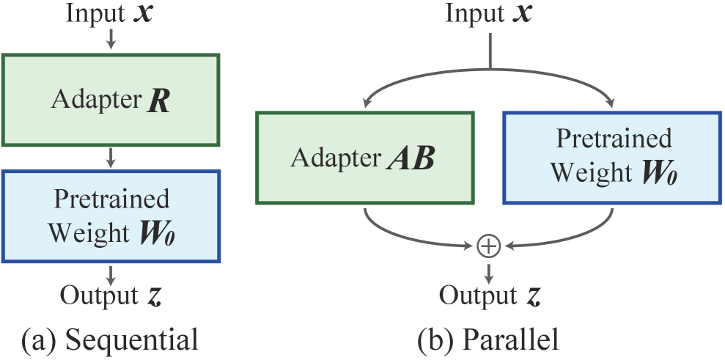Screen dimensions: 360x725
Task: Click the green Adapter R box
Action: [110, 100]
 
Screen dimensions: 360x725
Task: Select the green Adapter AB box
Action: [364, 157]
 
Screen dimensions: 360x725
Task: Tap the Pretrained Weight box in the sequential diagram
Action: [110, 216]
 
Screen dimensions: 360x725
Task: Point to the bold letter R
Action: [158, 101]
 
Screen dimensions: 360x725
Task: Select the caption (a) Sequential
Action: [110, 339]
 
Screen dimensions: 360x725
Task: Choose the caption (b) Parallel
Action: [488, 339]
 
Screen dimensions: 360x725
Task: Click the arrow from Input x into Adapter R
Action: [111, 41]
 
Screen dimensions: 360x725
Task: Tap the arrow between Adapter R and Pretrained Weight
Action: [111, 157]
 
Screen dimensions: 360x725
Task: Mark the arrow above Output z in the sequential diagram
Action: [111, 275]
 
